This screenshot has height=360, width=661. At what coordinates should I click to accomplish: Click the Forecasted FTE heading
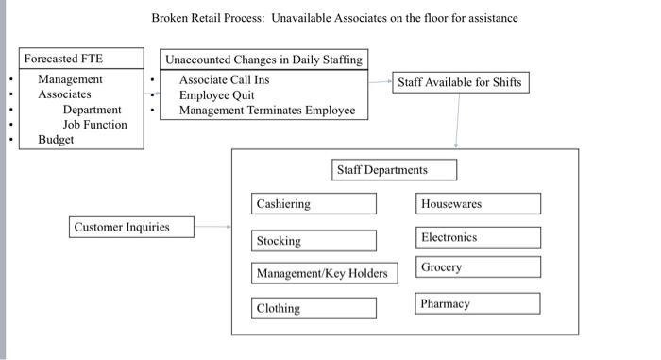pyautogui.click(x=63, y=59)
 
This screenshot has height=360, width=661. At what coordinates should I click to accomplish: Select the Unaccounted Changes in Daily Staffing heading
pyautogui.click(x=263, y=60)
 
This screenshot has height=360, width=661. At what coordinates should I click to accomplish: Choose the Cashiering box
pyautogui.click(x=314, y=204)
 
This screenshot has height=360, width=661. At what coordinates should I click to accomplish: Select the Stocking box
pyautogui.click(x=314, y=241)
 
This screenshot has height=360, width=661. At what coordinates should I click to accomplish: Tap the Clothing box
pyautogui.click(x=314, y=308)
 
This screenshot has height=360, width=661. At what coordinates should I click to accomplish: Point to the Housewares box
pyautogui.click(x=478, y=204)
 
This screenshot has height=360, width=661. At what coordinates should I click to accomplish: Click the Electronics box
pyautogui.click(x=478, y=238)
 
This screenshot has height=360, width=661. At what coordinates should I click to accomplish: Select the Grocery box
pyautogui.click(x=478, y=267)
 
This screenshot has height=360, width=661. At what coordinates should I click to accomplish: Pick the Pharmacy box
pyautogui.click(x=478, y=304)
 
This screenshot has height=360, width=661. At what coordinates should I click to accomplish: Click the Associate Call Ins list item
pyautogui.click(x=224, y=79)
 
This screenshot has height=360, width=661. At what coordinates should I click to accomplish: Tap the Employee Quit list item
pyautogui.click(x=216, y=94)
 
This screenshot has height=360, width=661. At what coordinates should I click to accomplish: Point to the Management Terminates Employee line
pyautogui.click(x=267, y=111)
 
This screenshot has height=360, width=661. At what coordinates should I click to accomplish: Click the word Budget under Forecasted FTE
pyautogui.click(x=56, y=140)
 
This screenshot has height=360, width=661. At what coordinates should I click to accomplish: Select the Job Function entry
pyautogui.click(x=94, y=125)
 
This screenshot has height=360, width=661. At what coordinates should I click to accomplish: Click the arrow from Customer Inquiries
pyautogui.click(x=213, y=227)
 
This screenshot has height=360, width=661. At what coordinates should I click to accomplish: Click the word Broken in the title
pyautogui.click(x=172, y=18)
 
